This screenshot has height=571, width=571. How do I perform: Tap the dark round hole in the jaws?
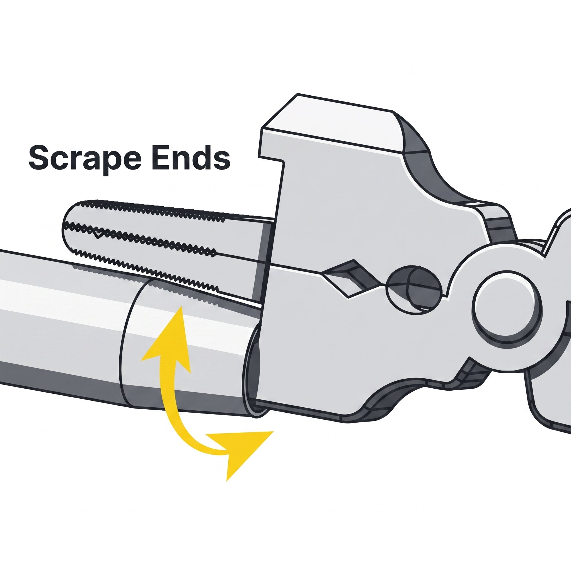(414, 286)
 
